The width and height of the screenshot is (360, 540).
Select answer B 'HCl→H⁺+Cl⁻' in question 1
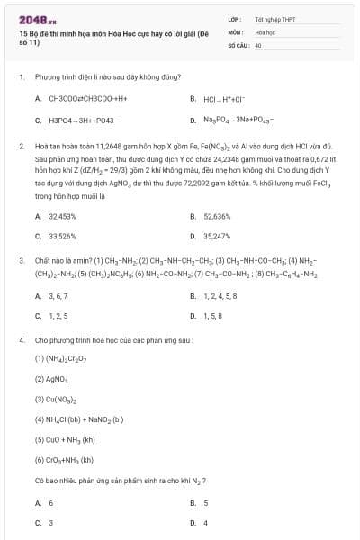[220, 98]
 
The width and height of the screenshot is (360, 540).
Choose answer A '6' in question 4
[50, 503]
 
